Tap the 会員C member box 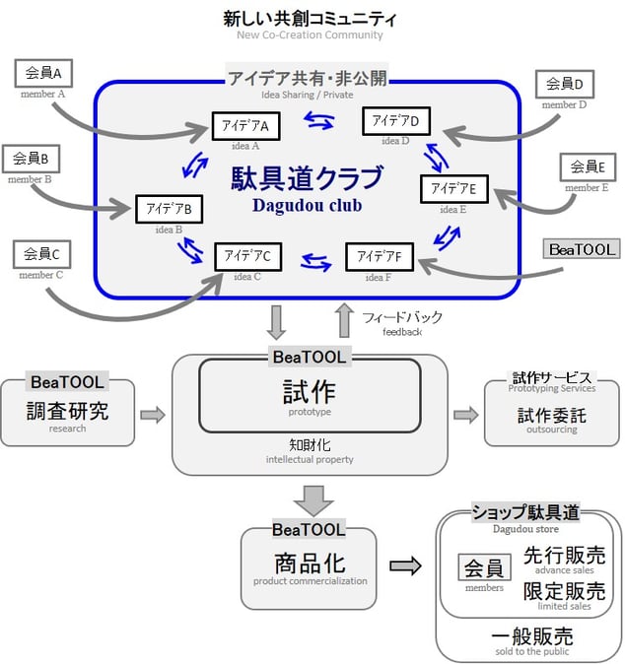tap(41, 254)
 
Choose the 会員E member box tap(588, 167)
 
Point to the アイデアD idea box tap(396, 121)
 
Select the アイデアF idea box tap(379, 256)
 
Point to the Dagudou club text tap(307, 206)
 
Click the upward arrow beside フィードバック tap(343, 320)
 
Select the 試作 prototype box tap(310, 394)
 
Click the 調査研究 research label tap(68, 411)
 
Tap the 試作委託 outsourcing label tap(551, 416)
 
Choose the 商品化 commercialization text tap(309, 564)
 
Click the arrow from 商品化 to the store tap(405, 566)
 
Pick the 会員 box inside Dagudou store tap(484, 568)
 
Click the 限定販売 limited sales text tap(564, 591)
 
